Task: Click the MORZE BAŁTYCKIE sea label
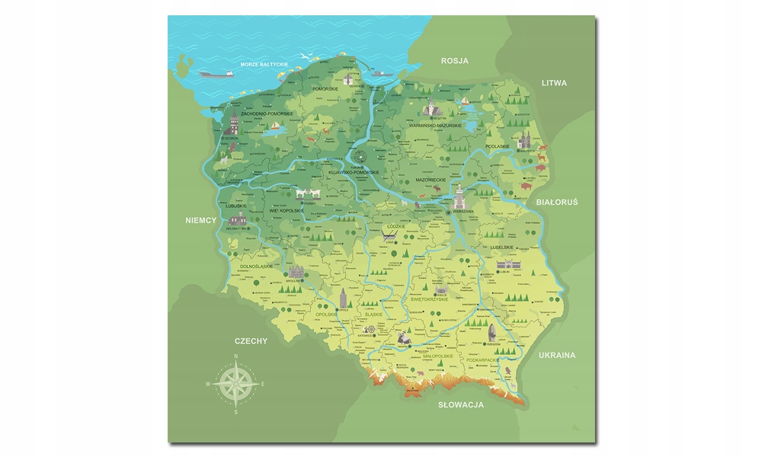[x=264, y=65]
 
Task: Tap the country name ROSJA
[x=454, y=60]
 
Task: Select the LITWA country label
[x=554, y=82]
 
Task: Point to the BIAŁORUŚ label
[x=557, y=202]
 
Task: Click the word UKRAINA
[x=557, y=355]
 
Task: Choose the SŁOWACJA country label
[x=461, y=404]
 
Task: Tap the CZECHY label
[x=251, y=341]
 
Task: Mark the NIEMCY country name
[x=201, y=221]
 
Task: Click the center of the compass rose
[x=235, y=384]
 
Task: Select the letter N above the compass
[x=235, y=357]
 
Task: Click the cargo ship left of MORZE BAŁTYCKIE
[x=216, y=75]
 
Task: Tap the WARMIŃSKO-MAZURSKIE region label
[x=434, y=126]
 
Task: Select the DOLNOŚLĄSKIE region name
[x=258, y=267]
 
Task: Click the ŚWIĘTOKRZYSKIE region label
[x=435, y=299]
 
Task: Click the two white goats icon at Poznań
[x=309, y=193]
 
